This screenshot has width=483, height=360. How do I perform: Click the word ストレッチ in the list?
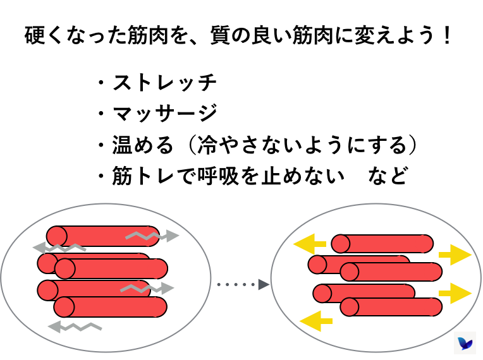[164, 82]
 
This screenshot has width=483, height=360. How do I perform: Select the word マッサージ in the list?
[164, 114]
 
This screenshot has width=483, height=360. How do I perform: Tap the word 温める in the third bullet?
[142, 145]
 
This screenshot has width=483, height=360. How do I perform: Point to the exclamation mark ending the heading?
[448, 35]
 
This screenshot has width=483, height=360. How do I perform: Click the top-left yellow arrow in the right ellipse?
[310, 243]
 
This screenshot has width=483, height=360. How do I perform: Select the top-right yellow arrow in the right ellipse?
[455, 255]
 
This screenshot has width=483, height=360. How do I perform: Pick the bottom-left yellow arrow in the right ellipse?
[315, 320]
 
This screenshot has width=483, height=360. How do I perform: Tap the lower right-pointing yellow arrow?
[455, 293]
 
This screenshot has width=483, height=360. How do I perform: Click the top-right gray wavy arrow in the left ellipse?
[152, 236]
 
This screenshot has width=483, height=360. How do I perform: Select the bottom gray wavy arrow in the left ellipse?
[75, 327]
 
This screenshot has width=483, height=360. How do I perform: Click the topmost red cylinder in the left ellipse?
[103, 236]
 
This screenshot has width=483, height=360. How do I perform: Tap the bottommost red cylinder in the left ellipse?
[111, 307]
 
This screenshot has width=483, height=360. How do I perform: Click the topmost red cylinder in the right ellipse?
[382, 243]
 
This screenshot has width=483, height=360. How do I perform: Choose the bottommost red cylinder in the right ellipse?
[391, 307]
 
